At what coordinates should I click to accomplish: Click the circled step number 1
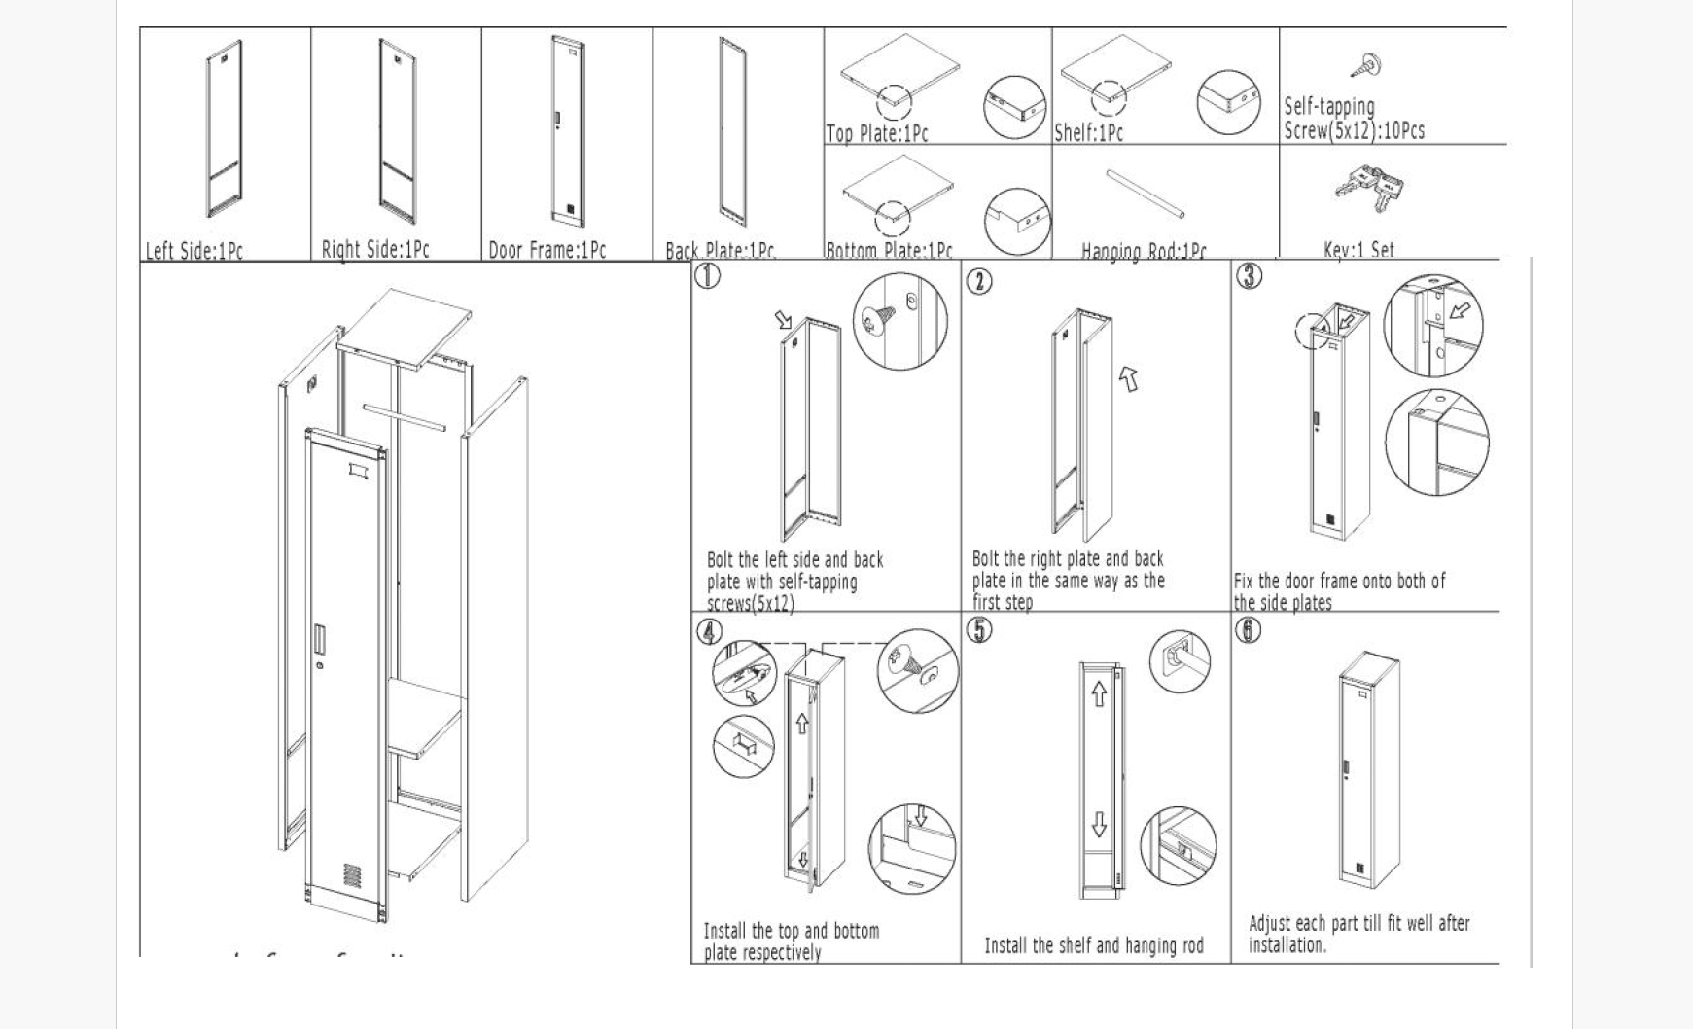(707, 276)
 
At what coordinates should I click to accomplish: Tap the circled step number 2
(979, 281)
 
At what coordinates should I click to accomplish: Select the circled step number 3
(1250, 275)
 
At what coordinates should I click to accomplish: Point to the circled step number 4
(710, 631)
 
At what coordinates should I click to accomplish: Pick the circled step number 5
(979, 629)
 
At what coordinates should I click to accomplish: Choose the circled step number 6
(1249, 630)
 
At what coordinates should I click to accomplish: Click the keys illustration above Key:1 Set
(1370, 188)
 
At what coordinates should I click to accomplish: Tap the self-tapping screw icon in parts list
(1367, 66)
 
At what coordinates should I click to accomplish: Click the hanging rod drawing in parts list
(1145, 195)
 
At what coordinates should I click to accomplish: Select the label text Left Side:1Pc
(194, 251)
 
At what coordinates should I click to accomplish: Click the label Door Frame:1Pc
(547, 250)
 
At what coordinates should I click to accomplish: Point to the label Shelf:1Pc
(1088, 132)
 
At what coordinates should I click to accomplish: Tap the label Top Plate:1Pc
(876, 133)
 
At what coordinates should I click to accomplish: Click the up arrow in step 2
(1128, 377)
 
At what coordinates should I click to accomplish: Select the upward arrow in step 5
(1099, 693)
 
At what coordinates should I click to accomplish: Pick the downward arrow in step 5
(1099, 824)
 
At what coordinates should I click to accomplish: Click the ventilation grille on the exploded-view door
(352, 874)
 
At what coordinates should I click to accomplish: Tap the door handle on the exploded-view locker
(319, 639)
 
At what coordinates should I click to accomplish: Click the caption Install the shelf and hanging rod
(1094, 945)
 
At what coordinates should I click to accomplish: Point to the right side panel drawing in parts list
(397, 128)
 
